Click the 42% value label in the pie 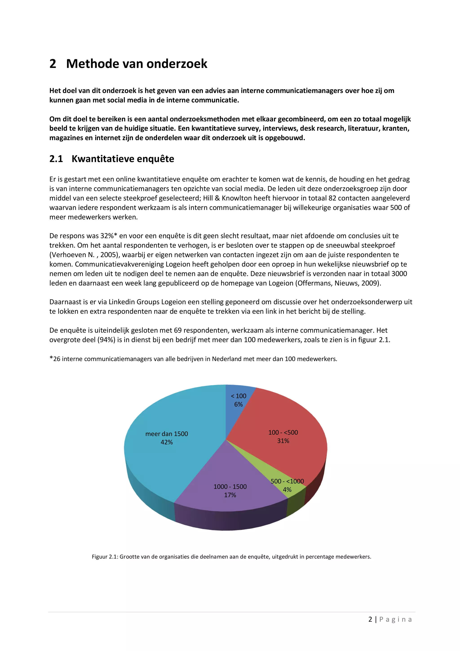[167, 442]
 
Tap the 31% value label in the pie [283, 441]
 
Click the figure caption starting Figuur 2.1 [231, 557]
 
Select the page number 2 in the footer [370, 619]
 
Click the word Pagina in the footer [395, 619]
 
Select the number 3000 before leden [399, 274]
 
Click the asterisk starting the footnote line [51, 358]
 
